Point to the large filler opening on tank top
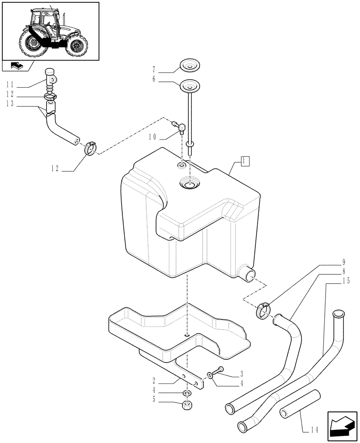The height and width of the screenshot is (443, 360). tap(189, 183)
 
